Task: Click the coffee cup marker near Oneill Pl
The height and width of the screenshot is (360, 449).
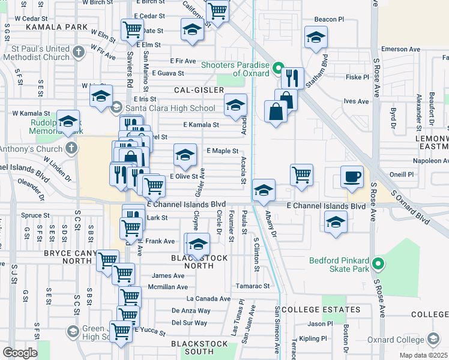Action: tap(352, 177)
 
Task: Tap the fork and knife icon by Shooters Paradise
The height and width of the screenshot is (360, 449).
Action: tap(292, 77)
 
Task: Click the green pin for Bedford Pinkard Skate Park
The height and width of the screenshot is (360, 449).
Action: tap(378, 263)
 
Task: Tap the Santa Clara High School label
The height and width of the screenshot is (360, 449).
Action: tap(170, 108)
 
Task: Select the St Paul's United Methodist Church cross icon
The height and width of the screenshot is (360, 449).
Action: tap(78, 52)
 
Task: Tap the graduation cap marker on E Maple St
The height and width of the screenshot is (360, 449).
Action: tap(185, 155)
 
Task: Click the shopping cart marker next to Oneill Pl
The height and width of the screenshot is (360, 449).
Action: tap(301, 175)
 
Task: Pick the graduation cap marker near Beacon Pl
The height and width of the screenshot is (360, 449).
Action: tap(316, 37)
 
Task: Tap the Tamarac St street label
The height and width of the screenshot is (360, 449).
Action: tap(253, 286)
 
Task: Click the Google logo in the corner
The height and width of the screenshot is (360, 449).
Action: tap(20, 353)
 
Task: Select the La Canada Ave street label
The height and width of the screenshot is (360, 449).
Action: tap(208, 298)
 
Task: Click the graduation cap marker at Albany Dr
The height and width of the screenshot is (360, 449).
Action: tap(264, 190)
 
